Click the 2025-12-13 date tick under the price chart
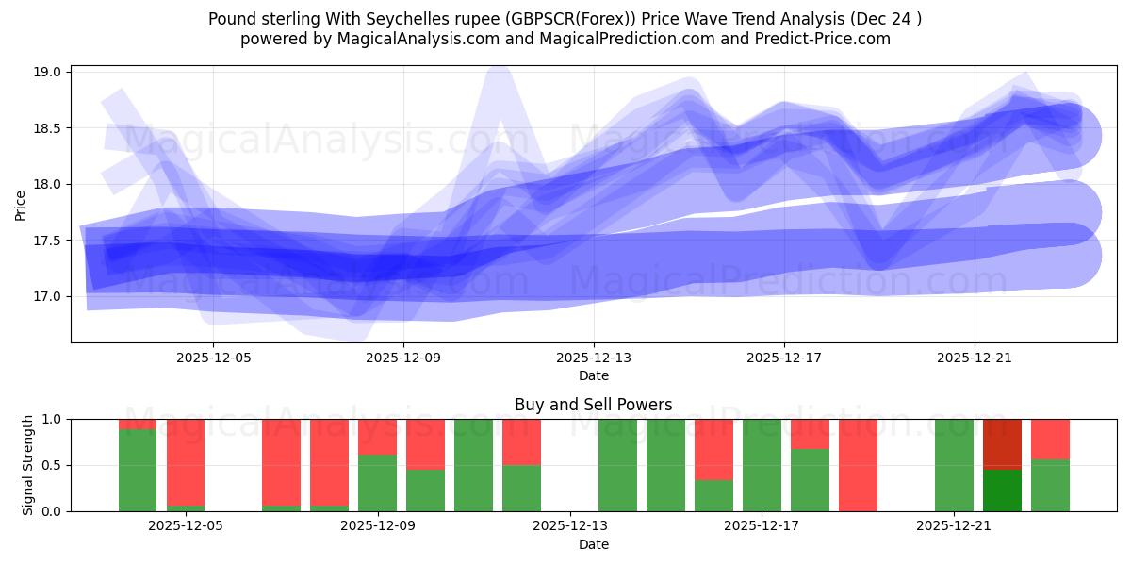[x=594, y=358]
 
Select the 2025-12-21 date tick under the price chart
[x=974, y=358]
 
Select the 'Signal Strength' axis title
[x=28, y=465]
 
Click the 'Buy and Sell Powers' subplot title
[x=593, y=405]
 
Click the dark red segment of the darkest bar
[x=1002, y=443]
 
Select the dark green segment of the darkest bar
[x=1002, y=491]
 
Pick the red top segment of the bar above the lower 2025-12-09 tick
[x=377, y=436]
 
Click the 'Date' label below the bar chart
[x=593, y=544]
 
